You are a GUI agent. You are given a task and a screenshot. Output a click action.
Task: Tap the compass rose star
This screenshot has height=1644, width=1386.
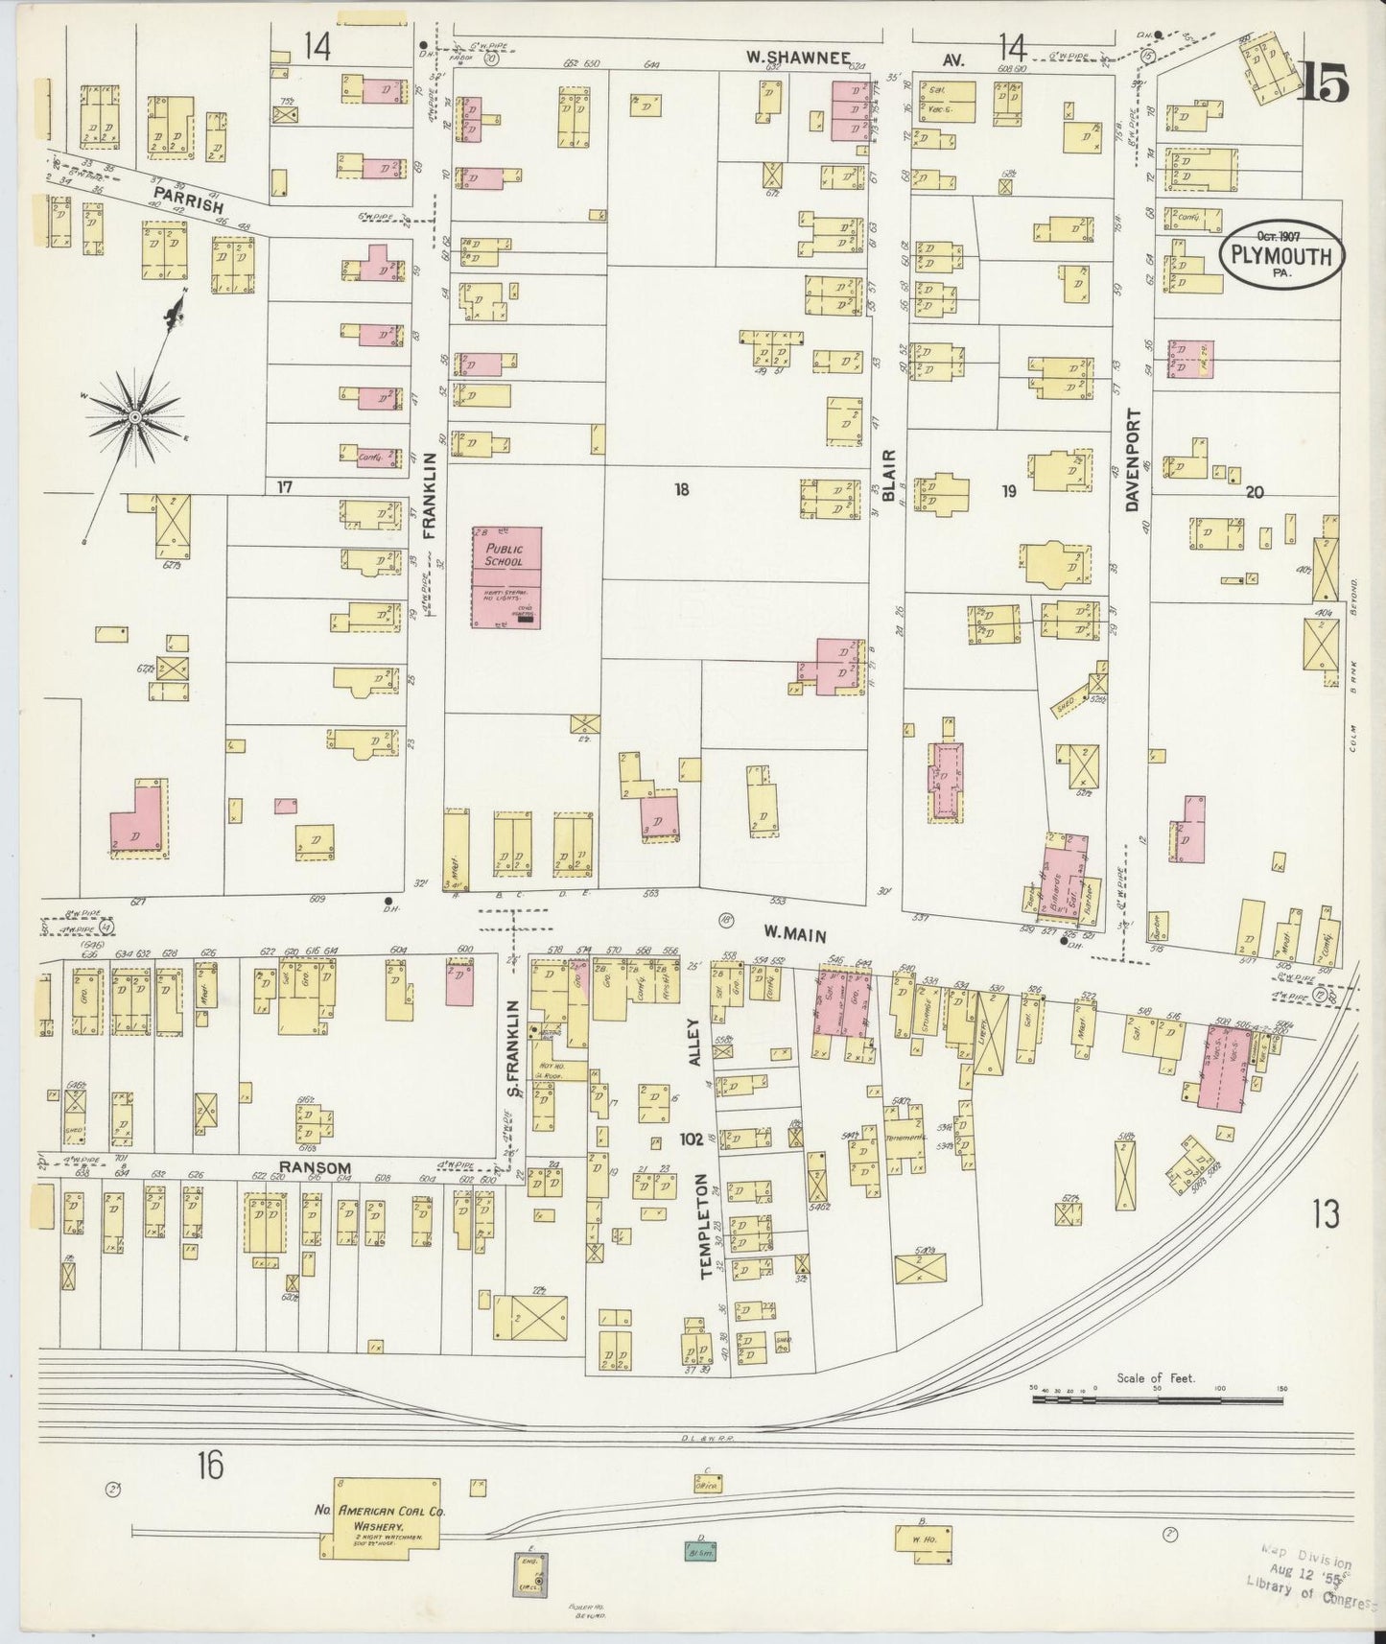(135, 417)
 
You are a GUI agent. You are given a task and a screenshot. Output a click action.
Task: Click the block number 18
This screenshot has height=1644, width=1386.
(682, 490)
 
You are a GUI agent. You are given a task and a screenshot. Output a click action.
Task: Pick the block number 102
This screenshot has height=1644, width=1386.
(690, 1139)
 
